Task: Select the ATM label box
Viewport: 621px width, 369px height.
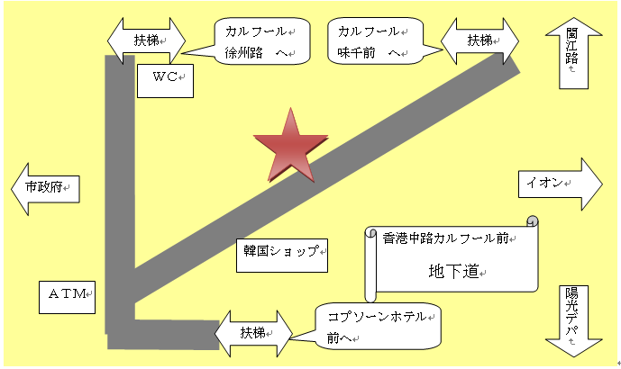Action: coord(66,294)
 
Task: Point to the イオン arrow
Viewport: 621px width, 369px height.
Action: coord(560,183)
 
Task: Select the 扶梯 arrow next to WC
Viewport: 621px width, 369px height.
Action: coord(146,40)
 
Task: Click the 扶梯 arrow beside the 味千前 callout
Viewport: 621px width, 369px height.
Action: coord(480,40)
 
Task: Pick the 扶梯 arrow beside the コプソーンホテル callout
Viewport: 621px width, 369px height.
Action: coord(253,332)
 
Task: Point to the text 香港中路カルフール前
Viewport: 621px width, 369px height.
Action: coord(445,238)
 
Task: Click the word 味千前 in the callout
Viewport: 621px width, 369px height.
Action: coord(355,54)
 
